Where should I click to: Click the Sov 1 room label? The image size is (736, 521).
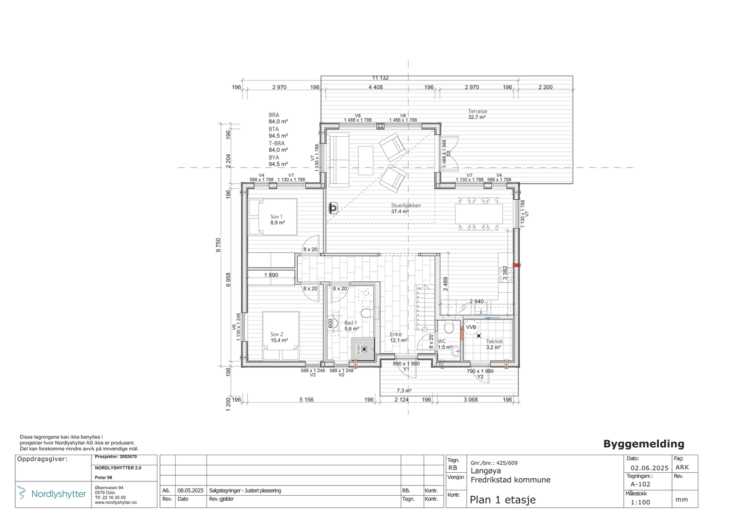(276, 216)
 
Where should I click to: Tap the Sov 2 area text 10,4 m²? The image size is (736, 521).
(279, 341)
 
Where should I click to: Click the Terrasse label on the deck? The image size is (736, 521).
(477, 111)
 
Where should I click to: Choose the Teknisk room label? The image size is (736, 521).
(494, 342)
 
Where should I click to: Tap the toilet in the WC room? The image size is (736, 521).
(449, 328)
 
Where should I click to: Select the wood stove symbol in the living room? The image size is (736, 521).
(333, 208)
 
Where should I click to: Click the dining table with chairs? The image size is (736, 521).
(478, 214)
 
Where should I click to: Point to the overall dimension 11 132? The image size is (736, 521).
(380, 78)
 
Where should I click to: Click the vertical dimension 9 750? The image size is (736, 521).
(218, 245)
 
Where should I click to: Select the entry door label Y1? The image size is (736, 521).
(406, 369)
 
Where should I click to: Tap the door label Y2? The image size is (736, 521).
(480, 376)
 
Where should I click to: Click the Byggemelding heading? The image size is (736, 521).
(644, 444)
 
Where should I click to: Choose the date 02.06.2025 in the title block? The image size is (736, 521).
(649, 468)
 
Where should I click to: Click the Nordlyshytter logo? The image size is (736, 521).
(52, 494)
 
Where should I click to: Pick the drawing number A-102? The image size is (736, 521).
(640, 484)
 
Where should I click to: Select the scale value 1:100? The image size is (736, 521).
(640, 502)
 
